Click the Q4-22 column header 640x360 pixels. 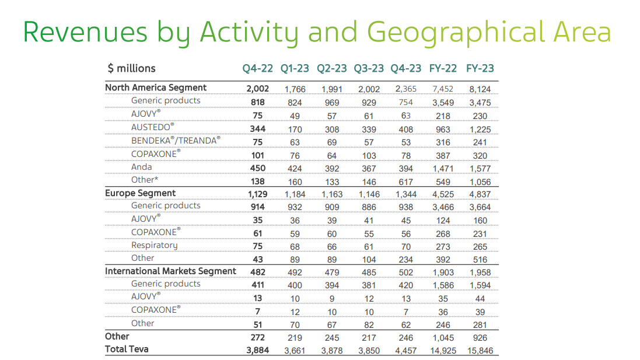click(x=257, y=68)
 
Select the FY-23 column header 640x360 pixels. click(x=480, y=68)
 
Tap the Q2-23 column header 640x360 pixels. click(x=331, y=68)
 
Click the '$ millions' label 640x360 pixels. click(x=131, y=68)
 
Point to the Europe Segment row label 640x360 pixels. click(x=140, y=193)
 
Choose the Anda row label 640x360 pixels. click(x=141, y=167)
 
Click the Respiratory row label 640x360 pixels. click(x=154, y=245)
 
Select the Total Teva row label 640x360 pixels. click(x=127, y=349)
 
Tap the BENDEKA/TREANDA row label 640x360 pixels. click(x=176, y=141)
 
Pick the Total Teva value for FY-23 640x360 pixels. click(x=480, y=351)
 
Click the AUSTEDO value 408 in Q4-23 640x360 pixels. click(x=406, y=130)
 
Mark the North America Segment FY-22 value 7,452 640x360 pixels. click(x=443, y=89)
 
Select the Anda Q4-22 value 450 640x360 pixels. click(x=257, y=169)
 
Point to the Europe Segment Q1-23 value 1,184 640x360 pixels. click(x=295, y=195)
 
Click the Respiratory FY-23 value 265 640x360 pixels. click(x=480, y=247)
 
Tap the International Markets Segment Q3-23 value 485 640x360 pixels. click(x=369, y=272)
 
